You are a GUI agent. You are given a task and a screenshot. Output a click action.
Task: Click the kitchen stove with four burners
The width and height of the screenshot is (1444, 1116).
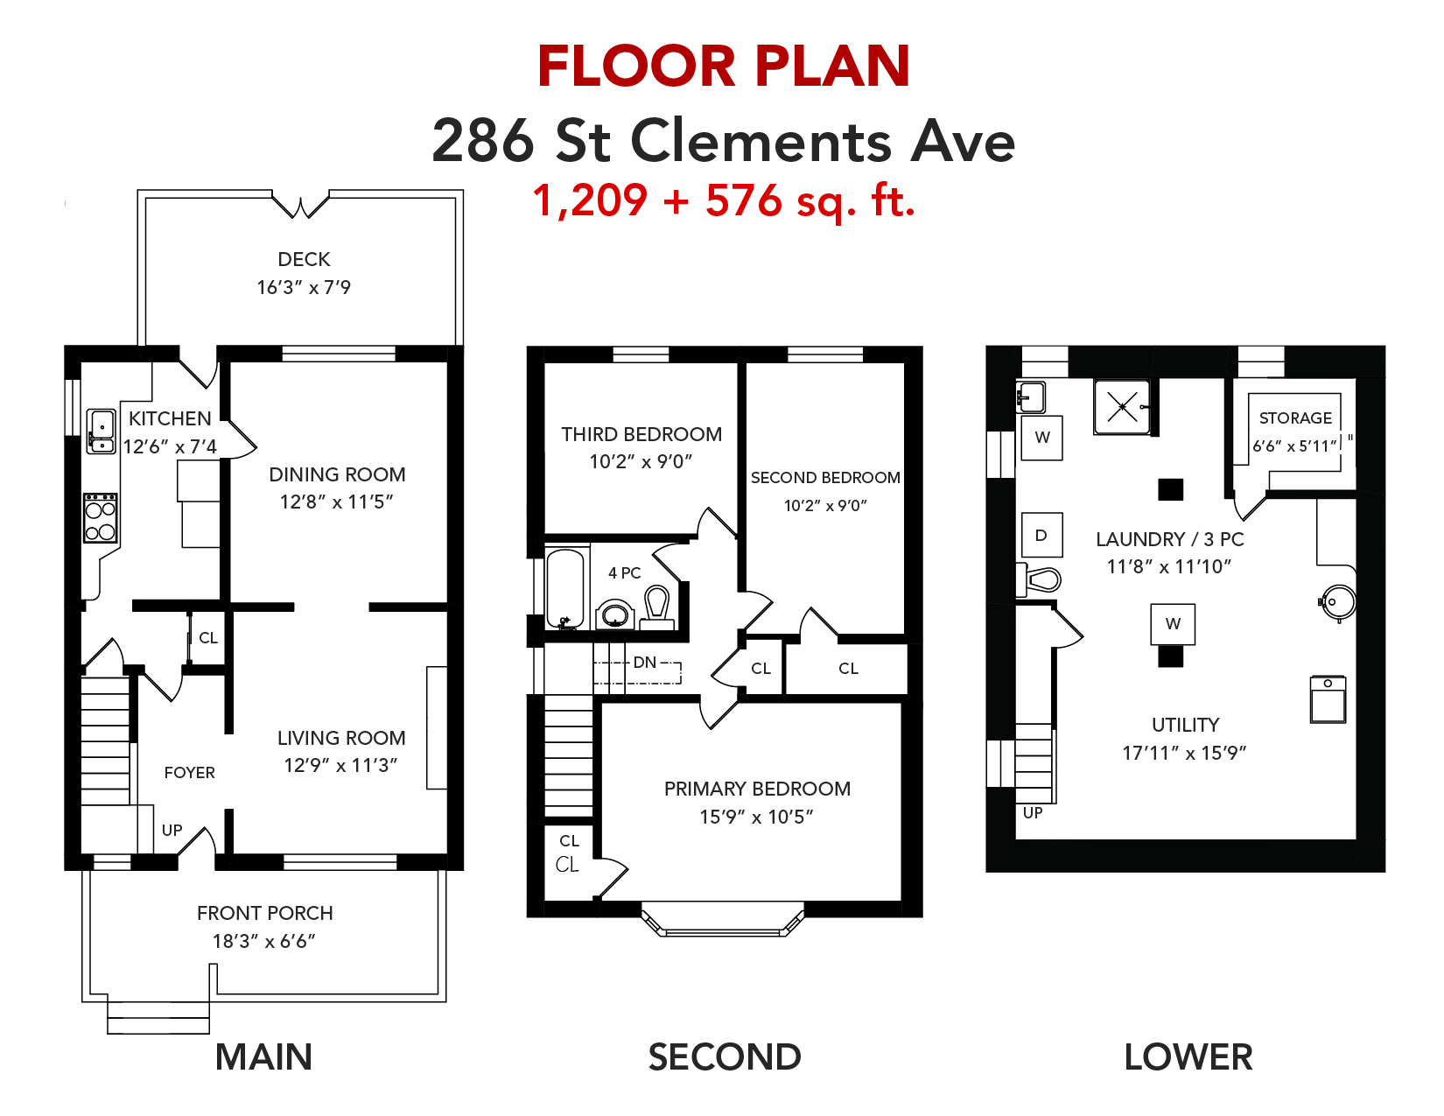101,518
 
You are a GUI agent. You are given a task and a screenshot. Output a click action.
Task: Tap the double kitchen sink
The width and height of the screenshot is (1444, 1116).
101,432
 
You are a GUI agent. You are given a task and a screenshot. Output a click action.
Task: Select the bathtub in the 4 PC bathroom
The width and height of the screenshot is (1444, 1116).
564,588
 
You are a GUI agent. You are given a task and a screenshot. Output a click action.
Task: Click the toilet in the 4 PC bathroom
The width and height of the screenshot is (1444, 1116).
657,607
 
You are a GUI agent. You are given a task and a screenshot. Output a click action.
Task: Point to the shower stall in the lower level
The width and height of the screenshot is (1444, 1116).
1122,406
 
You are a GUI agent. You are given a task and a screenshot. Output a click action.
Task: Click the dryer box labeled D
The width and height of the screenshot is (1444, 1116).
1041,535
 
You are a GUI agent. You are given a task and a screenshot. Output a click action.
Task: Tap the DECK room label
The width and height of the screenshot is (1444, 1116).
304,259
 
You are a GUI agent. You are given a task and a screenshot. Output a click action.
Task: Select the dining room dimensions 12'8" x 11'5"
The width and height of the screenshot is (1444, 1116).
336,502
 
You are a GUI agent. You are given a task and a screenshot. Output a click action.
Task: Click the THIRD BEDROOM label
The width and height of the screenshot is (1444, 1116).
641,435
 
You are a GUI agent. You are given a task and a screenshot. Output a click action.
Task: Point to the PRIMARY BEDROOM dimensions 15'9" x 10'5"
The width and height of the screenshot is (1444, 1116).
756,817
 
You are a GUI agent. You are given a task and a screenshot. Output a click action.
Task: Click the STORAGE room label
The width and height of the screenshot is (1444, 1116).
1295,418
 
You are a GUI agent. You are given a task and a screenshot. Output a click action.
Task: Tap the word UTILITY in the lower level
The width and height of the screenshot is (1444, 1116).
1186,725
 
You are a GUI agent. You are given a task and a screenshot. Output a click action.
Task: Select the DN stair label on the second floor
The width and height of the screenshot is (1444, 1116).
645,662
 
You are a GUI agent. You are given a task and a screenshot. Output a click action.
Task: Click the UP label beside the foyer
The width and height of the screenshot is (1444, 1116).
172,830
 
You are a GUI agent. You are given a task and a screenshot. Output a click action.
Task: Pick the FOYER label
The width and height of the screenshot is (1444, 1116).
189,772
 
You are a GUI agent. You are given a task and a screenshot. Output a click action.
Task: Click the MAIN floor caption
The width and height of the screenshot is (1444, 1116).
263,1056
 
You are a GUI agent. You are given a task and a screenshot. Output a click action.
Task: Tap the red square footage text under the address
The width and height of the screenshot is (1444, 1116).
724,200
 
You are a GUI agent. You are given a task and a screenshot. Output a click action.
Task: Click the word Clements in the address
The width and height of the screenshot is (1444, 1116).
761,141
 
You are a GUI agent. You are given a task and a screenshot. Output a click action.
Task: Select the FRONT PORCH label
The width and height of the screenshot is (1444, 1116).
264,913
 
